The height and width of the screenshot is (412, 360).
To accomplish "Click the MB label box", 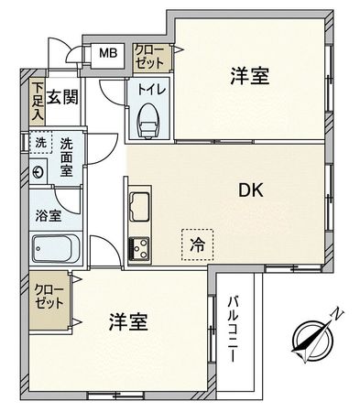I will coord(108,53).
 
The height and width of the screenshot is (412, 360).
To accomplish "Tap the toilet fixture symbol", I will coord(147,121).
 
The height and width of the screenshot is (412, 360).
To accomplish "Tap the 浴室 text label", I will coord(49,217).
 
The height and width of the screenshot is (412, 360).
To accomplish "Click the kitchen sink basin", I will coord(140,206).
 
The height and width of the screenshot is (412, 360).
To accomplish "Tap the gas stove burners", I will coord(139,247).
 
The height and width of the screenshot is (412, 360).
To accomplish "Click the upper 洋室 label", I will coord(249,77).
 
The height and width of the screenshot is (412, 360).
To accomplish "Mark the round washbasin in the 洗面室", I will coord(39,171).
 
